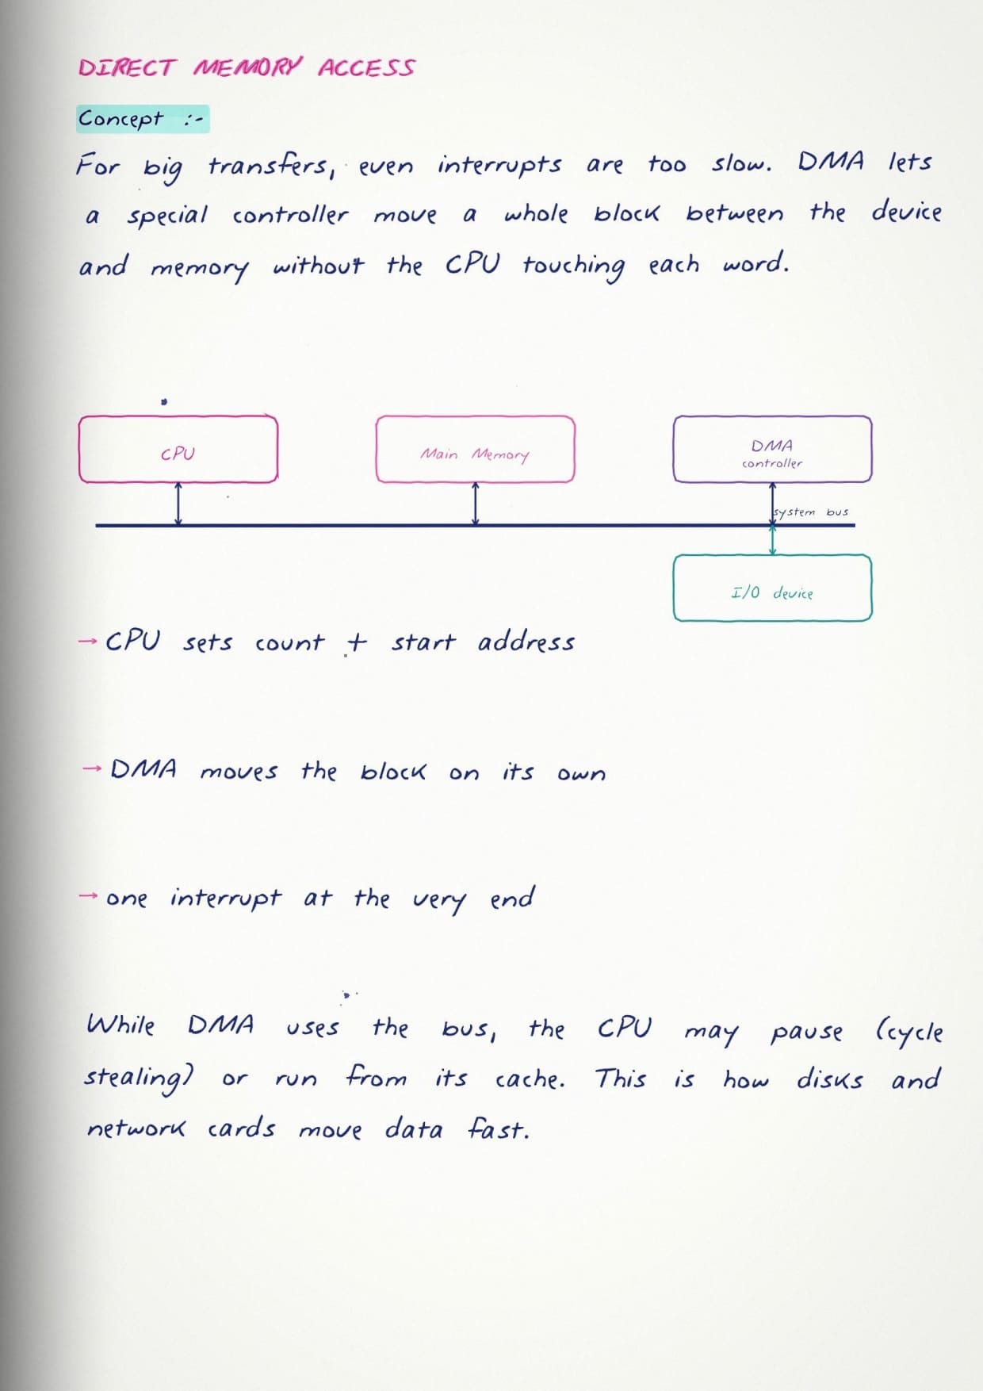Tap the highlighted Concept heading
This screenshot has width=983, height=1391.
[143, 119]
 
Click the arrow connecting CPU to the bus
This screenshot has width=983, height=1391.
[178, 504]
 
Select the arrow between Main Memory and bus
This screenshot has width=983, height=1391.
[475, 504]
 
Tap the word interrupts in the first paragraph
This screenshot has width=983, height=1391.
[499, 165]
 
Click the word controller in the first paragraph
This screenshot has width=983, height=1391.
[290, 214]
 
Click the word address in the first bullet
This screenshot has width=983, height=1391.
[526, 641]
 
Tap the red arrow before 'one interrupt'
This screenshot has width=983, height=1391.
[89, 896]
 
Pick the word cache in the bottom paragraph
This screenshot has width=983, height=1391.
[530, 1079]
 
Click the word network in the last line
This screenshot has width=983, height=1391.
[136, 1128]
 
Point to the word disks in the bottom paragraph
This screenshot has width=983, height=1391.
[829, 1079]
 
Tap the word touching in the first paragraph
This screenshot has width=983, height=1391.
[573, 265]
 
